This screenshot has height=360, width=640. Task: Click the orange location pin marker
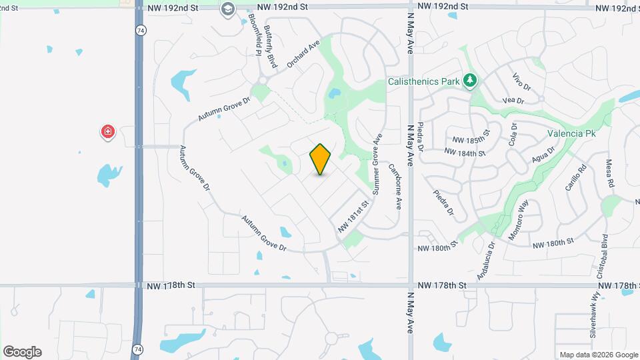(321, 159)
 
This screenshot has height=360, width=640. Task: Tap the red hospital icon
(107, 132)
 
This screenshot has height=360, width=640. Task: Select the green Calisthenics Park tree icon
(471, 81)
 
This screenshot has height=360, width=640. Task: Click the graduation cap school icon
(228, 9)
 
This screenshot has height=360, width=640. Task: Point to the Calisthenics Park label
(424, 81)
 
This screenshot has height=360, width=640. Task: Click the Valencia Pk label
(571, 133)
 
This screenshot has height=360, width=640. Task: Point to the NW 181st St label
(353, 216)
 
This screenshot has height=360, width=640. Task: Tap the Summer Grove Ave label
(377, 164)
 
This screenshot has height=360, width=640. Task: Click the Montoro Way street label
(519, 219)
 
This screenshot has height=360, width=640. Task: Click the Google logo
(22, 351)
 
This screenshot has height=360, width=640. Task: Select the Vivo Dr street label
(522, 83)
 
